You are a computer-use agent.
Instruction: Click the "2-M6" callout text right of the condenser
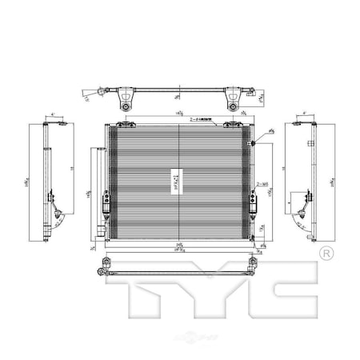click(x=263, y=184)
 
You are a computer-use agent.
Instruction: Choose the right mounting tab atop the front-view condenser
click(x=234, y=123)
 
